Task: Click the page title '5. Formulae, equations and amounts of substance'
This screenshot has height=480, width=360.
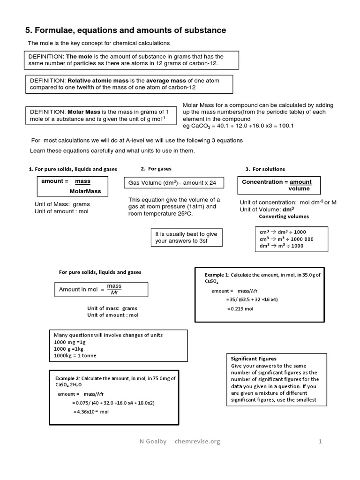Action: [x=126, y=30]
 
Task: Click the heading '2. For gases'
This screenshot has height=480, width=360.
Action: [x=156, y=169]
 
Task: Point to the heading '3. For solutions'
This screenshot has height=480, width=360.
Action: [x=265, y=169]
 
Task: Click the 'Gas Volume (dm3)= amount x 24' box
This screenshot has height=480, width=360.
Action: [x=173, y=182]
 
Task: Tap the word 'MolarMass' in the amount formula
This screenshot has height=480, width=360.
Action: [x=85, y=191]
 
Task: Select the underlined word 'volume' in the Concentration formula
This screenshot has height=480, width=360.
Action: [x=299, y=188]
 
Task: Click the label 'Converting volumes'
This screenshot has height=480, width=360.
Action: [x=284, y=217]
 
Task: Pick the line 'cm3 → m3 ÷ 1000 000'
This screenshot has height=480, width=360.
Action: [x=286, y=239]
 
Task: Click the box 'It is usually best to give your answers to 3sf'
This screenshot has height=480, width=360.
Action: [x=186, y=237]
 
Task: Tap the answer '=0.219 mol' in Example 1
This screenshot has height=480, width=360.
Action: [x=240, y=309]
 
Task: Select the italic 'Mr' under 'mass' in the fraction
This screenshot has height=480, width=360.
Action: [x=114, y=293]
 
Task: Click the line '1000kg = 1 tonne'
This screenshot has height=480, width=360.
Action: [x=75, y=356]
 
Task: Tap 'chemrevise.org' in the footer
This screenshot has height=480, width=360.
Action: [x=197, y=441]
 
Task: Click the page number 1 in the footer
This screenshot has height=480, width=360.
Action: [x=320, y=441]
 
